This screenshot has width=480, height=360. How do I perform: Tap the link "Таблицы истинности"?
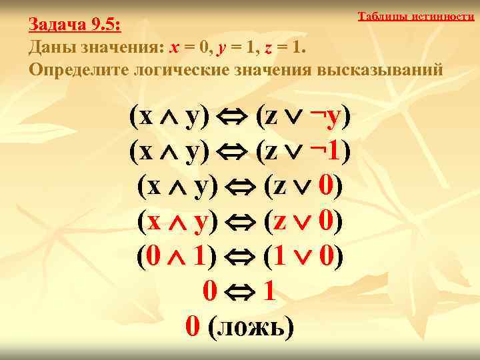[415, 16]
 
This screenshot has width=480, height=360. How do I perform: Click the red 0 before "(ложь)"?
[192, 326]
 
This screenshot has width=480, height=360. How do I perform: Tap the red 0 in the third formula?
[325, 187]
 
